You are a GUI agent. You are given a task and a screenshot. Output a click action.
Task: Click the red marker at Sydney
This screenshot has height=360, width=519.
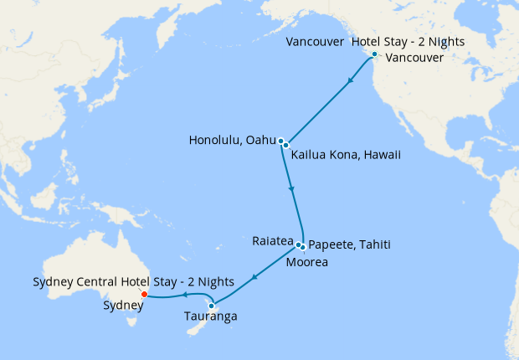(145, 294)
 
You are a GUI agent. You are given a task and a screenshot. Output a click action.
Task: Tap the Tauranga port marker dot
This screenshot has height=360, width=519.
(212, 306)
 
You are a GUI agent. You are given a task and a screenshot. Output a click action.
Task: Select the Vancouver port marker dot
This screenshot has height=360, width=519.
(374, 54)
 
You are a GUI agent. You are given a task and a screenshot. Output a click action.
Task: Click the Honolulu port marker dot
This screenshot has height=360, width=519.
(281, 141)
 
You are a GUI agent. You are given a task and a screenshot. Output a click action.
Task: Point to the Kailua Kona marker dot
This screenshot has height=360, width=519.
(286, 146)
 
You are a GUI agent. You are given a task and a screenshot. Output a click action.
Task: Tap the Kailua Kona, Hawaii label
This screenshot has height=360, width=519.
(346, 155)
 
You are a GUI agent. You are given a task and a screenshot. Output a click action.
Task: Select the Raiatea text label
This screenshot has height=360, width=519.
(272, 240)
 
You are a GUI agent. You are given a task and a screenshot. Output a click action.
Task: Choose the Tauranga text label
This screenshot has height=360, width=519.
(210, 317)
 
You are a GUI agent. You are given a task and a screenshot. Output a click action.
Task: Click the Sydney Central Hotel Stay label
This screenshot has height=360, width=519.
(133, 280)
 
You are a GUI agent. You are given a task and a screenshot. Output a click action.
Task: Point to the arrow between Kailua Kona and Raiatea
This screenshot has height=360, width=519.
(290, 190)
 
